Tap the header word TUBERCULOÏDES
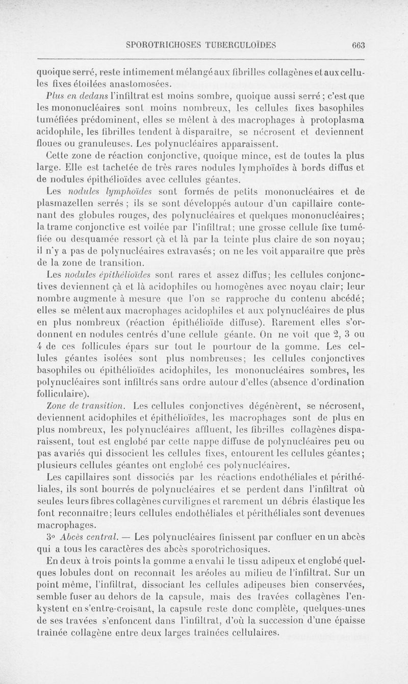240,44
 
